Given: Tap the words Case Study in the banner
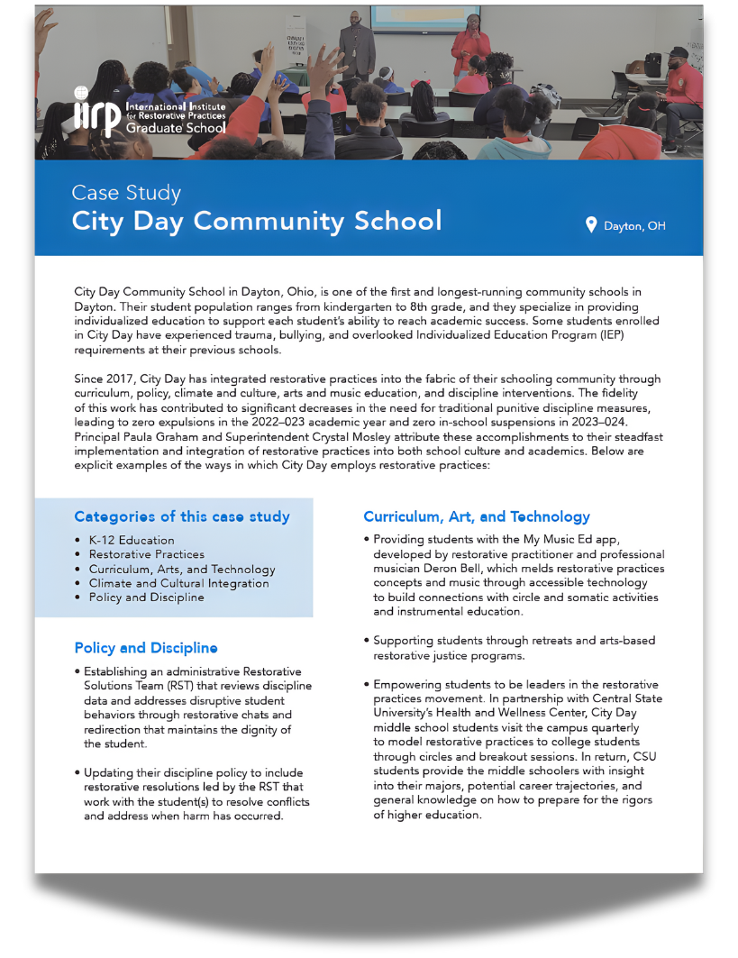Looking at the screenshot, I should pyautogui.click(x=126, y=193).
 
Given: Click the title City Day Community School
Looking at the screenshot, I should pyautogui.click(x=257, y=221).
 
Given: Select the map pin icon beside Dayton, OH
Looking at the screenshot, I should pyautogui.click(x=591, y=224).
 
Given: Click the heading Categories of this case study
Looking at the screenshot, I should pyautogui.click(x=182, y=516).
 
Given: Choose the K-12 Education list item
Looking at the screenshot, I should pyautogui.click(x=132, y=540).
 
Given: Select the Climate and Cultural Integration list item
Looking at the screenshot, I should pyautogui.click(x=178, y=583).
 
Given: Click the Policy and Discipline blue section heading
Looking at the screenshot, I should pyautogui.click(x=146, y=648).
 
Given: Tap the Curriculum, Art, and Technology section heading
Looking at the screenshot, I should pyautogui.click(x=477, y=516).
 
